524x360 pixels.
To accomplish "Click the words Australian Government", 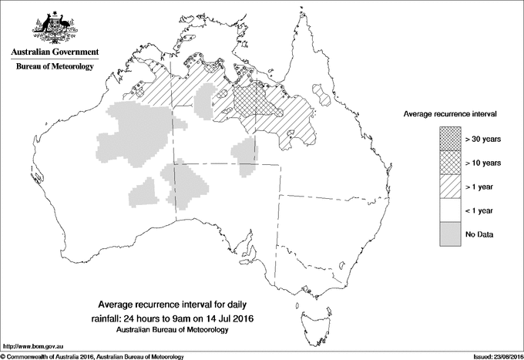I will [x=55, y=53].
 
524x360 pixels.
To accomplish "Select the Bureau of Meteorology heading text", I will [x=55, y=66].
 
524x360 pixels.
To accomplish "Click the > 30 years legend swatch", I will [x=451, y=138].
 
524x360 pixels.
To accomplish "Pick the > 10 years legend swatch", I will [x=451, y=162].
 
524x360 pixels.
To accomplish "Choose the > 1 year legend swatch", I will [x=451, y=186].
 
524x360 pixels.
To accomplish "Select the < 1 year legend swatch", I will [x=451, y=210].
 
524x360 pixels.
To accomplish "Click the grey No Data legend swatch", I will [x=451, y=234].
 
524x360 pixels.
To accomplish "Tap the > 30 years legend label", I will [x=483, y=139].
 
